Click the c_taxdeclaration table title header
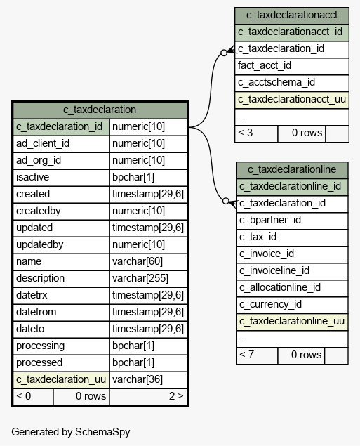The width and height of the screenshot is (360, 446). (x=100, y=110)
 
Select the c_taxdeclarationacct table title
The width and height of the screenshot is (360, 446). (x=292, y=15)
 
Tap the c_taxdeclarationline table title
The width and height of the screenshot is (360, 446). (x=292, y=170)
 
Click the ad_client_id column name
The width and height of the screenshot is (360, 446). (x=43, y=143)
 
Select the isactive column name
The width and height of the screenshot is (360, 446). (x=33, y=177)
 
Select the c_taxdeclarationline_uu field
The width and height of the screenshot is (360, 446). (x=292, y=322)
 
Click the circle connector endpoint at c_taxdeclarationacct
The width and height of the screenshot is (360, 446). (x=224, y=53)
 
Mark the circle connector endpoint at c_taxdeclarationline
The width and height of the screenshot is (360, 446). (x=225, y=201)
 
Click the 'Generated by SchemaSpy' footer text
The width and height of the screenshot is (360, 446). (x=71, y=432)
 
